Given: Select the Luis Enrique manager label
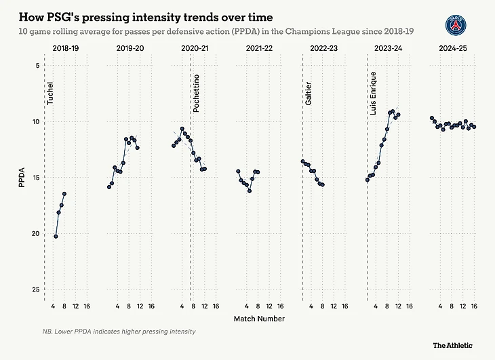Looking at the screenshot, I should tap(373, 92).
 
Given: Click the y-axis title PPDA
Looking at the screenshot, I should tap(22, 177).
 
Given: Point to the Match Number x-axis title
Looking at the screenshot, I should tap(259, 319).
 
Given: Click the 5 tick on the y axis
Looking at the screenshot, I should tap(35, 66).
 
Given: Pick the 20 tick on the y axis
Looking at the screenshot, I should tap(33, 233).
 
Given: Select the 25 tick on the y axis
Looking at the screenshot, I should tap(33, 289).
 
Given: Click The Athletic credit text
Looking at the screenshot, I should tap(452, 345).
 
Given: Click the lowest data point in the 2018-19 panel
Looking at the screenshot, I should tap(56, 236).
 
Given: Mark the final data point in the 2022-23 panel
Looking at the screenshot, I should tap(322, 184).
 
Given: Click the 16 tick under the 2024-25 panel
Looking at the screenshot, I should tap(474, 306).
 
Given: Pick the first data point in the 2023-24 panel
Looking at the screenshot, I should tap(368, 180).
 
